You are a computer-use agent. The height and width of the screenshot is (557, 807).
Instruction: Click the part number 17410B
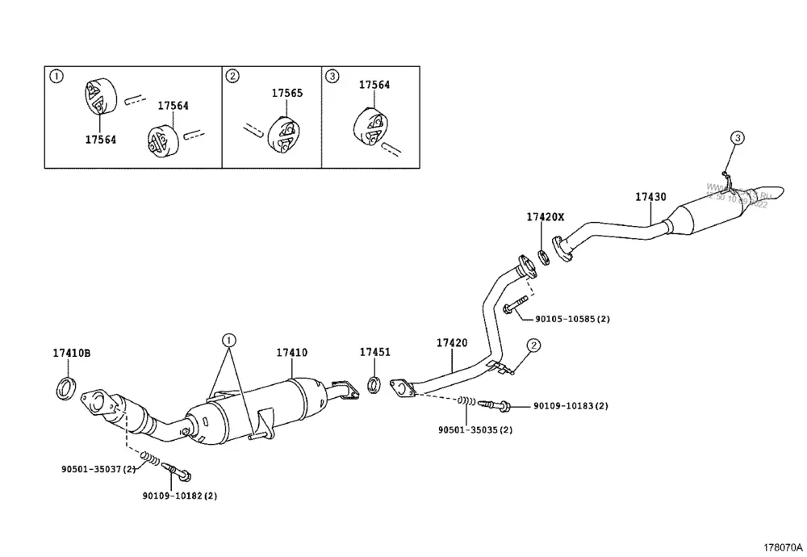[72, 353]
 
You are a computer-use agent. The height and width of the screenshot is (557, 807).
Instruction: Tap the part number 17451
[374, 352]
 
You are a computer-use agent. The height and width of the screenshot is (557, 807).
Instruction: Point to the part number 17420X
[546, 217]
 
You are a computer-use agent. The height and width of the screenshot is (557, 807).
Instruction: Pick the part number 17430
[650, 197]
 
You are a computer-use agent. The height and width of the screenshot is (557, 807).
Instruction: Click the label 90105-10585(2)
[571, 319]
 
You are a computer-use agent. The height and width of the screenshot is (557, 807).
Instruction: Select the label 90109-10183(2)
[571, 405]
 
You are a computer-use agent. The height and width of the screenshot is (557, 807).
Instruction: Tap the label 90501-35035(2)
[475, 429]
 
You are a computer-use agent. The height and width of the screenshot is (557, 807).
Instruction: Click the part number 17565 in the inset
[286, 93]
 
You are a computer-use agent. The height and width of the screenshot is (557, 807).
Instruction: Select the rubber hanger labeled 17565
[284, 134]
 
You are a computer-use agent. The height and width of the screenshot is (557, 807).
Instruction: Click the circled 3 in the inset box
[332, 76]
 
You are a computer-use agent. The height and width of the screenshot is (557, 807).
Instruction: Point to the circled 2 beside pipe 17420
[533, 346]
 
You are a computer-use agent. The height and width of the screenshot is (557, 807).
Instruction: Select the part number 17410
[292, 353]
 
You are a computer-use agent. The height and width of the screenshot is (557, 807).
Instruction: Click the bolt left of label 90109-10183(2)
[494, 404]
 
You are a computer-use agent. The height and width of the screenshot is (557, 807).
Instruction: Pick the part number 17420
[452, 343]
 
